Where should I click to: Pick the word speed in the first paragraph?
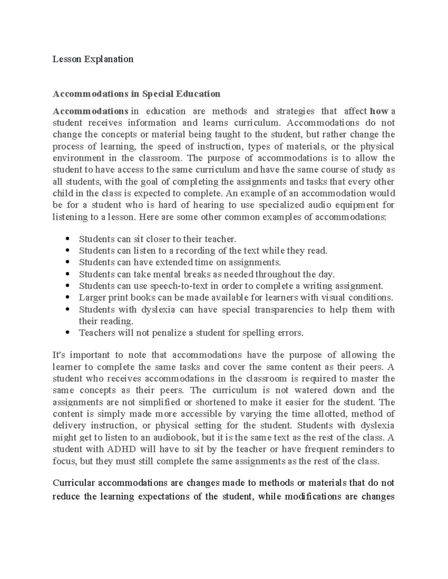[x=167, y=146]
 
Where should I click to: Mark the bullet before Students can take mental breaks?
[x=68, y=274]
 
